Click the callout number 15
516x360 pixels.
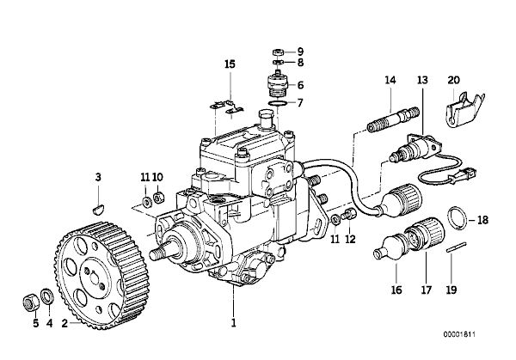pyautogui.click(x=230, y=64)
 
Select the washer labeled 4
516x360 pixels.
pyautogui.click(x=47, y=296)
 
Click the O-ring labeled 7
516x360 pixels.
pyautogui.click(x=278, y=104)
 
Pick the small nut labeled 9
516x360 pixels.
pyautogui.click(x=278, y=52)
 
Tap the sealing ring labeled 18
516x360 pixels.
pyautogui.click(x=458, y=217)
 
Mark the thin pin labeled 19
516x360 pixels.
pyautogui.click(x=456, y=247)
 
